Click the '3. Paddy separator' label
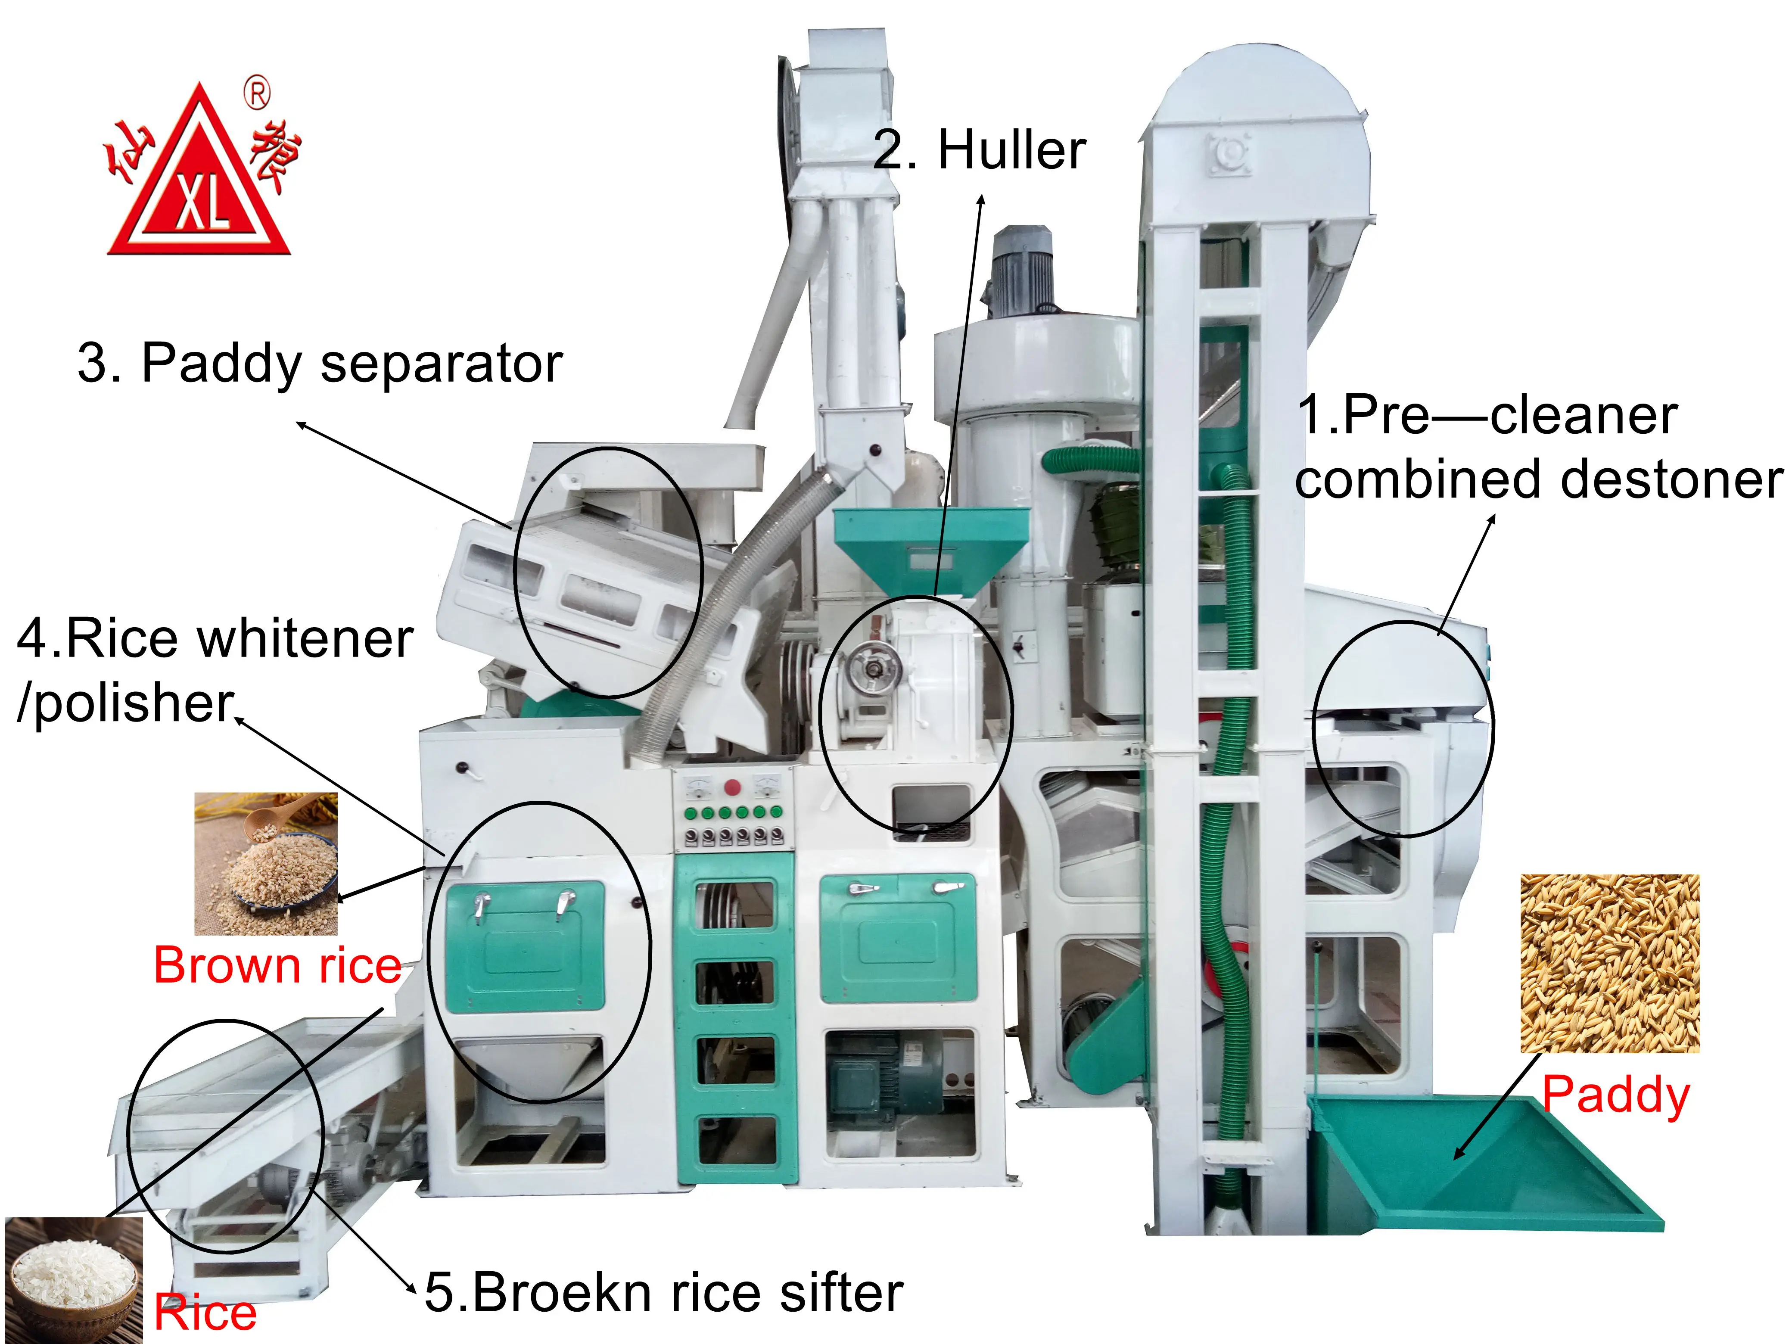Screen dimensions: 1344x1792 pyautogui.click(x=320, y=363)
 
